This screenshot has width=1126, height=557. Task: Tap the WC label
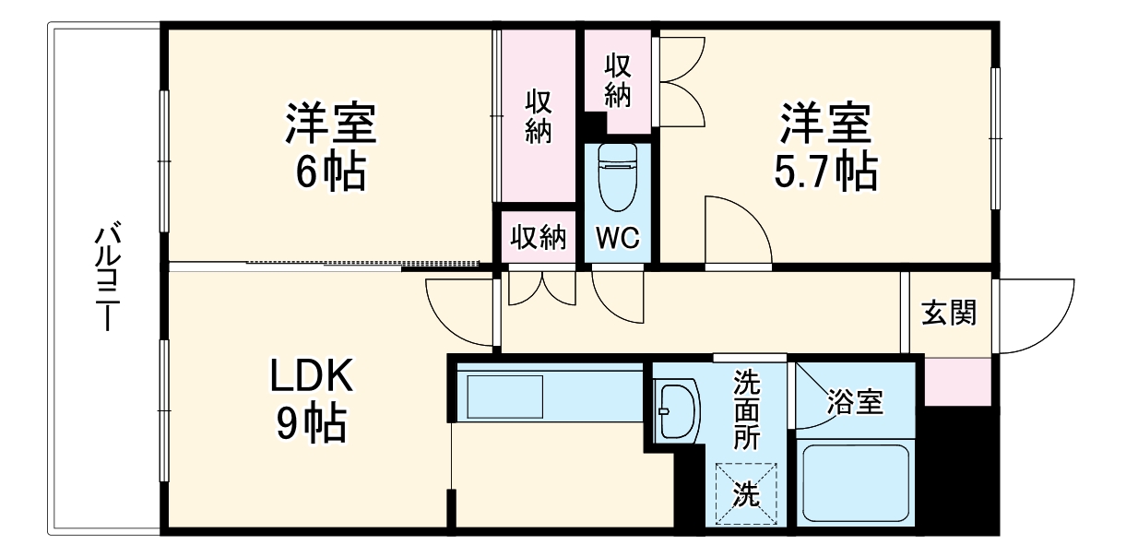(x=617, y=238)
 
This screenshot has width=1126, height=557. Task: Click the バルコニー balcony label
(x=109, y=277)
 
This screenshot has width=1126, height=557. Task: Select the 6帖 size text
(x=330, y=172)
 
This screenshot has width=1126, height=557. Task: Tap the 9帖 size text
(x=312, y=424)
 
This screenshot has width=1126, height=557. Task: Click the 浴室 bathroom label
(x=855, y=401)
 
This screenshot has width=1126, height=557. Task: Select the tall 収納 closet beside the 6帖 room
(x=538, y=116)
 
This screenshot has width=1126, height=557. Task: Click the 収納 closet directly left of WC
(x=538, y=238)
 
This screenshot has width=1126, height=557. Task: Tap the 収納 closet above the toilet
(x=618, y=78)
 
